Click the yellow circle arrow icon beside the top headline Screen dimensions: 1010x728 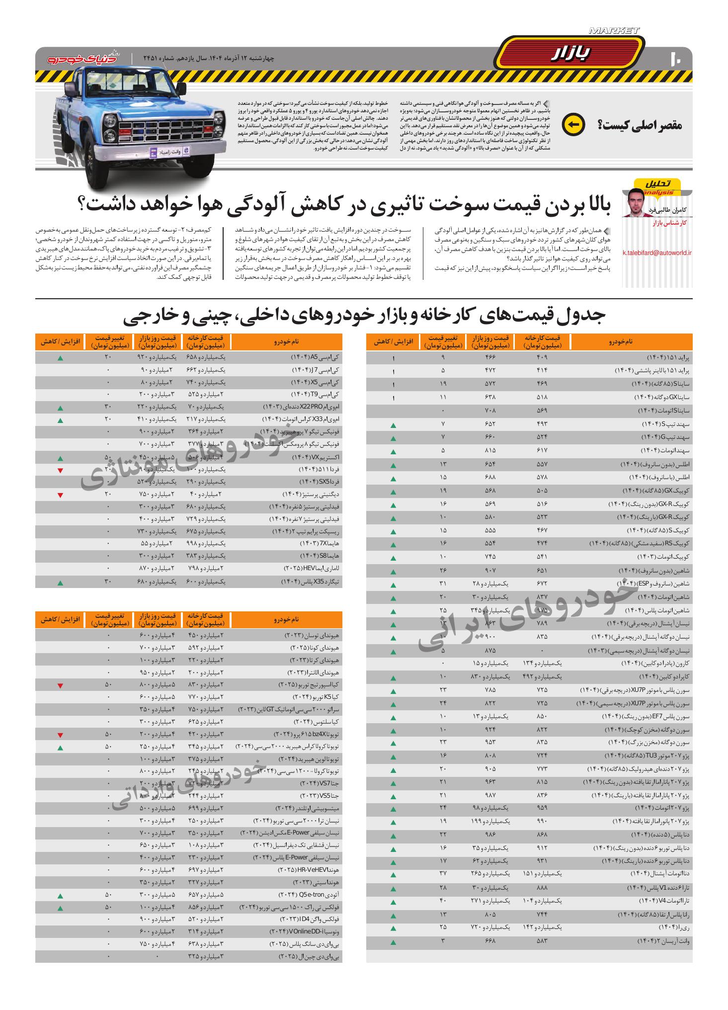click(x=573, y=125)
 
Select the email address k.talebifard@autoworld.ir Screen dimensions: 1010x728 click(x=657, y=253)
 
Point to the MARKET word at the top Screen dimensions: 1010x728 click(x=614, y=31)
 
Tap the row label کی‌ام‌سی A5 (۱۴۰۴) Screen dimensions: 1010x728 click(x=315, y=357)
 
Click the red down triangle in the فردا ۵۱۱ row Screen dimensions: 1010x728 click(x=60, y=470)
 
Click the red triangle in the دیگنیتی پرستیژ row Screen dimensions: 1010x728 click(x=60, y=495)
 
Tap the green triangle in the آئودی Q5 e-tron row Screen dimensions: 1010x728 click(x=60, y=896)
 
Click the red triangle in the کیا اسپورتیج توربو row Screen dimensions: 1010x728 click(x=60, y=686)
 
